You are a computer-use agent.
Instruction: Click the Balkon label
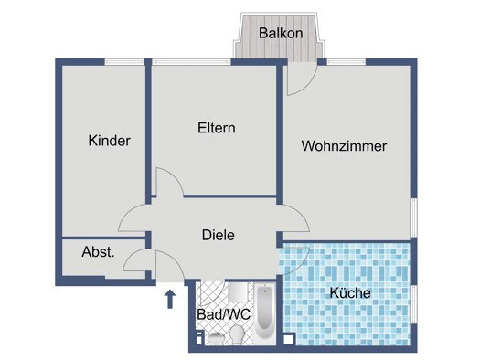281,33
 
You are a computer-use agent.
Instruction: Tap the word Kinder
110,141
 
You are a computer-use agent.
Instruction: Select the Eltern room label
217,128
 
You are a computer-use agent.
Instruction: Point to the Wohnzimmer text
344,146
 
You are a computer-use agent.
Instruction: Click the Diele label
219,235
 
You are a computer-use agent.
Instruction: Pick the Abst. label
98,251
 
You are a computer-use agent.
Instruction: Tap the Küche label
350,293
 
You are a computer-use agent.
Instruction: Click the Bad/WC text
223,314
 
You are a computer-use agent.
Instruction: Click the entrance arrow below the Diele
170,299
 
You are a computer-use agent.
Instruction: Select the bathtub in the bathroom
265,311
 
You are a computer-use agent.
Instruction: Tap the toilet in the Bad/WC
237,334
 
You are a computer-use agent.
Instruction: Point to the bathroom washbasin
215,338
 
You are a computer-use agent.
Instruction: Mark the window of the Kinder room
124,62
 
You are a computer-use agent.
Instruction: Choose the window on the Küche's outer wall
413,304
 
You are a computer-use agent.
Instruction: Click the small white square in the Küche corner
288,339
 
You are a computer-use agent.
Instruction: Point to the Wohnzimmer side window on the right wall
413,217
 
